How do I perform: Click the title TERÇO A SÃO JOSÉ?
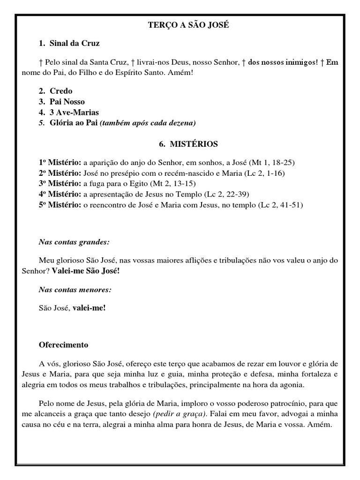[180, 25]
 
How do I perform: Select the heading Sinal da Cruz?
[75, 43]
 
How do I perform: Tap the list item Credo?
[61, 90]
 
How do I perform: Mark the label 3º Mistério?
[60, 183]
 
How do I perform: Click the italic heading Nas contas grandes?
[74, 242]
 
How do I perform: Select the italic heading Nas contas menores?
[75, 290]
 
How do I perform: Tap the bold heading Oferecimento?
[63, 345]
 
